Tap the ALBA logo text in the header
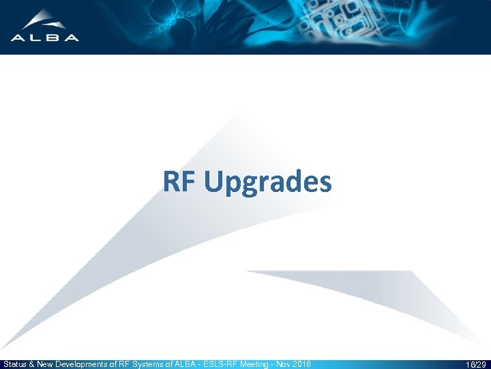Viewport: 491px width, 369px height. [x=45, y=38]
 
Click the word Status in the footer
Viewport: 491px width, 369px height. [x=15, y=364]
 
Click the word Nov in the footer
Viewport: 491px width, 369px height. [x=282, y=364]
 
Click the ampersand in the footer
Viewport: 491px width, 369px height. [x=33, y=364]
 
